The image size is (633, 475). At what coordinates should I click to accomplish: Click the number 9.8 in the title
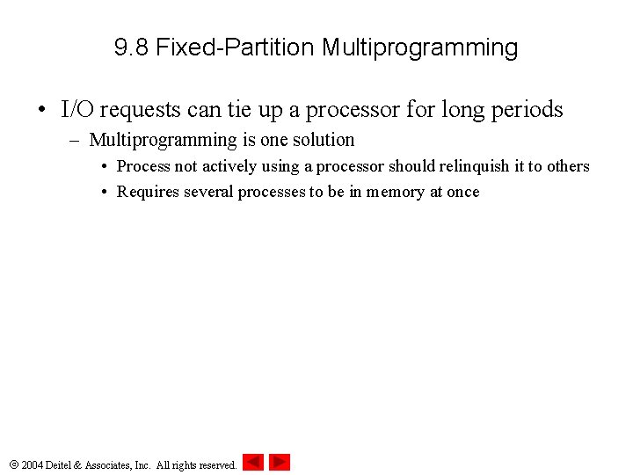[132, 47]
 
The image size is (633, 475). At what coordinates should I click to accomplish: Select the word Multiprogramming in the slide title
[419, 47]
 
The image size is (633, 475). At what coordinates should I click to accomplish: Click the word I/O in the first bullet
[77, 110]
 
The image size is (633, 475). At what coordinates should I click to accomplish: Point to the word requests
[139, 110]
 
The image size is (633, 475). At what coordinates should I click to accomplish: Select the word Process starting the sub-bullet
[143, 166]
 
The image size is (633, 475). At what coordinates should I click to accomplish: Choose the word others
[568, 166]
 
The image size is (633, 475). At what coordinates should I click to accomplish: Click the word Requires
[148, 192]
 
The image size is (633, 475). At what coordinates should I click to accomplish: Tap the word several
[208, 192]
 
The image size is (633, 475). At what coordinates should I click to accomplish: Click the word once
[462, 192]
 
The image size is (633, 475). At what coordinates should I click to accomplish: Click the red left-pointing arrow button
[253, 462]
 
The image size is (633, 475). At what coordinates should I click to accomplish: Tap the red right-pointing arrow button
[280, 462]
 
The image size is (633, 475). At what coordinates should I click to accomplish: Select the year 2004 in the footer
[33, 464]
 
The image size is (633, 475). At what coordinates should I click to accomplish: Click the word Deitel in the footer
[62, 464]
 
